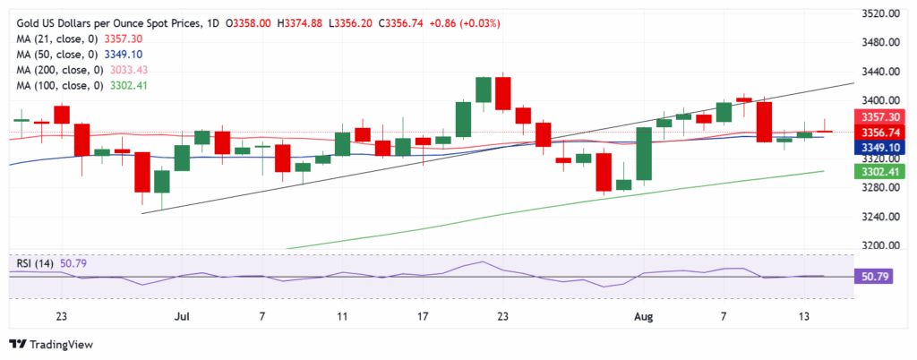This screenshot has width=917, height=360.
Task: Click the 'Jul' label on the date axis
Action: click(x=183, y=316)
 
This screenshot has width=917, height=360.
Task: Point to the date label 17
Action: click(x=423, y=316)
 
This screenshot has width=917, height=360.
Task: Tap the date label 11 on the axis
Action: click(x=342, y=316)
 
